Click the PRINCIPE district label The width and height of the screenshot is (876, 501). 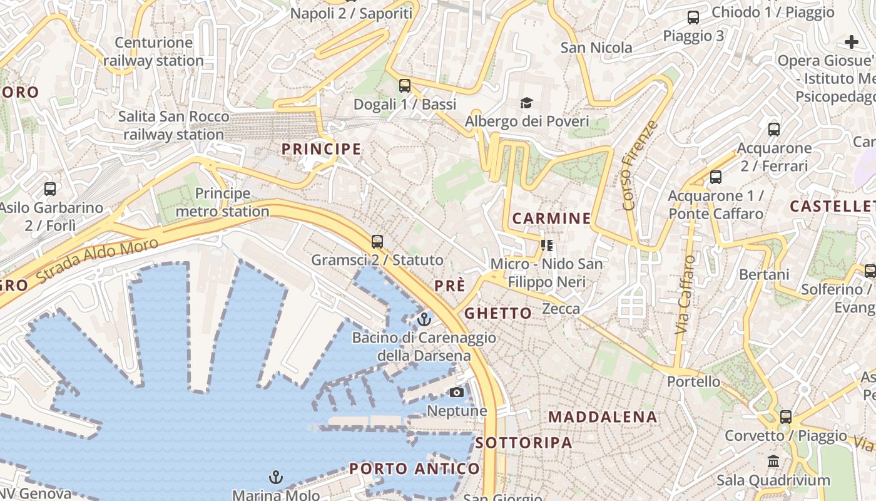(x=321, y=149)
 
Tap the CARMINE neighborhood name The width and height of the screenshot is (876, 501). (x=551, y=219)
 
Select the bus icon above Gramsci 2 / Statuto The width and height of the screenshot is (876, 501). (x=377, y=242)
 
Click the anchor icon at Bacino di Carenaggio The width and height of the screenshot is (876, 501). (x=424, y=320)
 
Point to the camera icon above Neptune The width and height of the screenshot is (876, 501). (x=457, y=392)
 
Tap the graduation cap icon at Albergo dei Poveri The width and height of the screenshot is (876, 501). (x=527, y=103)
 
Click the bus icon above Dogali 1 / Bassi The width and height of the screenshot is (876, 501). (x=405, y=86)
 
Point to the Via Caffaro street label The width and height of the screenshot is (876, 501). (x=685, y=294)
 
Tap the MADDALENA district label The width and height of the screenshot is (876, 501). (x=603, y=417)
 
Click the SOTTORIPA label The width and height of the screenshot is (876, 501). (x=524, y=443)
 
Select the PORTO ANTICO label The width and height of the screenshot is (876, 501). (x=414, y=468)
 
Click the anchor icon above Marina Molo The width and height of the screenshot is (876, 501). (x=275, y=478)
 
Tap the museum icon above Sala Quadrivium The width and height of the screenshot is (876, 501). (x=773, y=462)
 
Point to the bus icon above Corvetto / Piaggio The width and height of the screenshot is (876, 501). (x=785, y=417)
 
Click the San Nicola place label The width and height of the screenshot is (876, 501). (x=596, y=48)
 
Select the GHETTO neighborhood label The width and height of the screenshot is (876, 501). (x=498, y=313)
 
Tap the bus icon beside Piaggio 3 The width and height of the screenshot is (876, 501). (x=693, y=18)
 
